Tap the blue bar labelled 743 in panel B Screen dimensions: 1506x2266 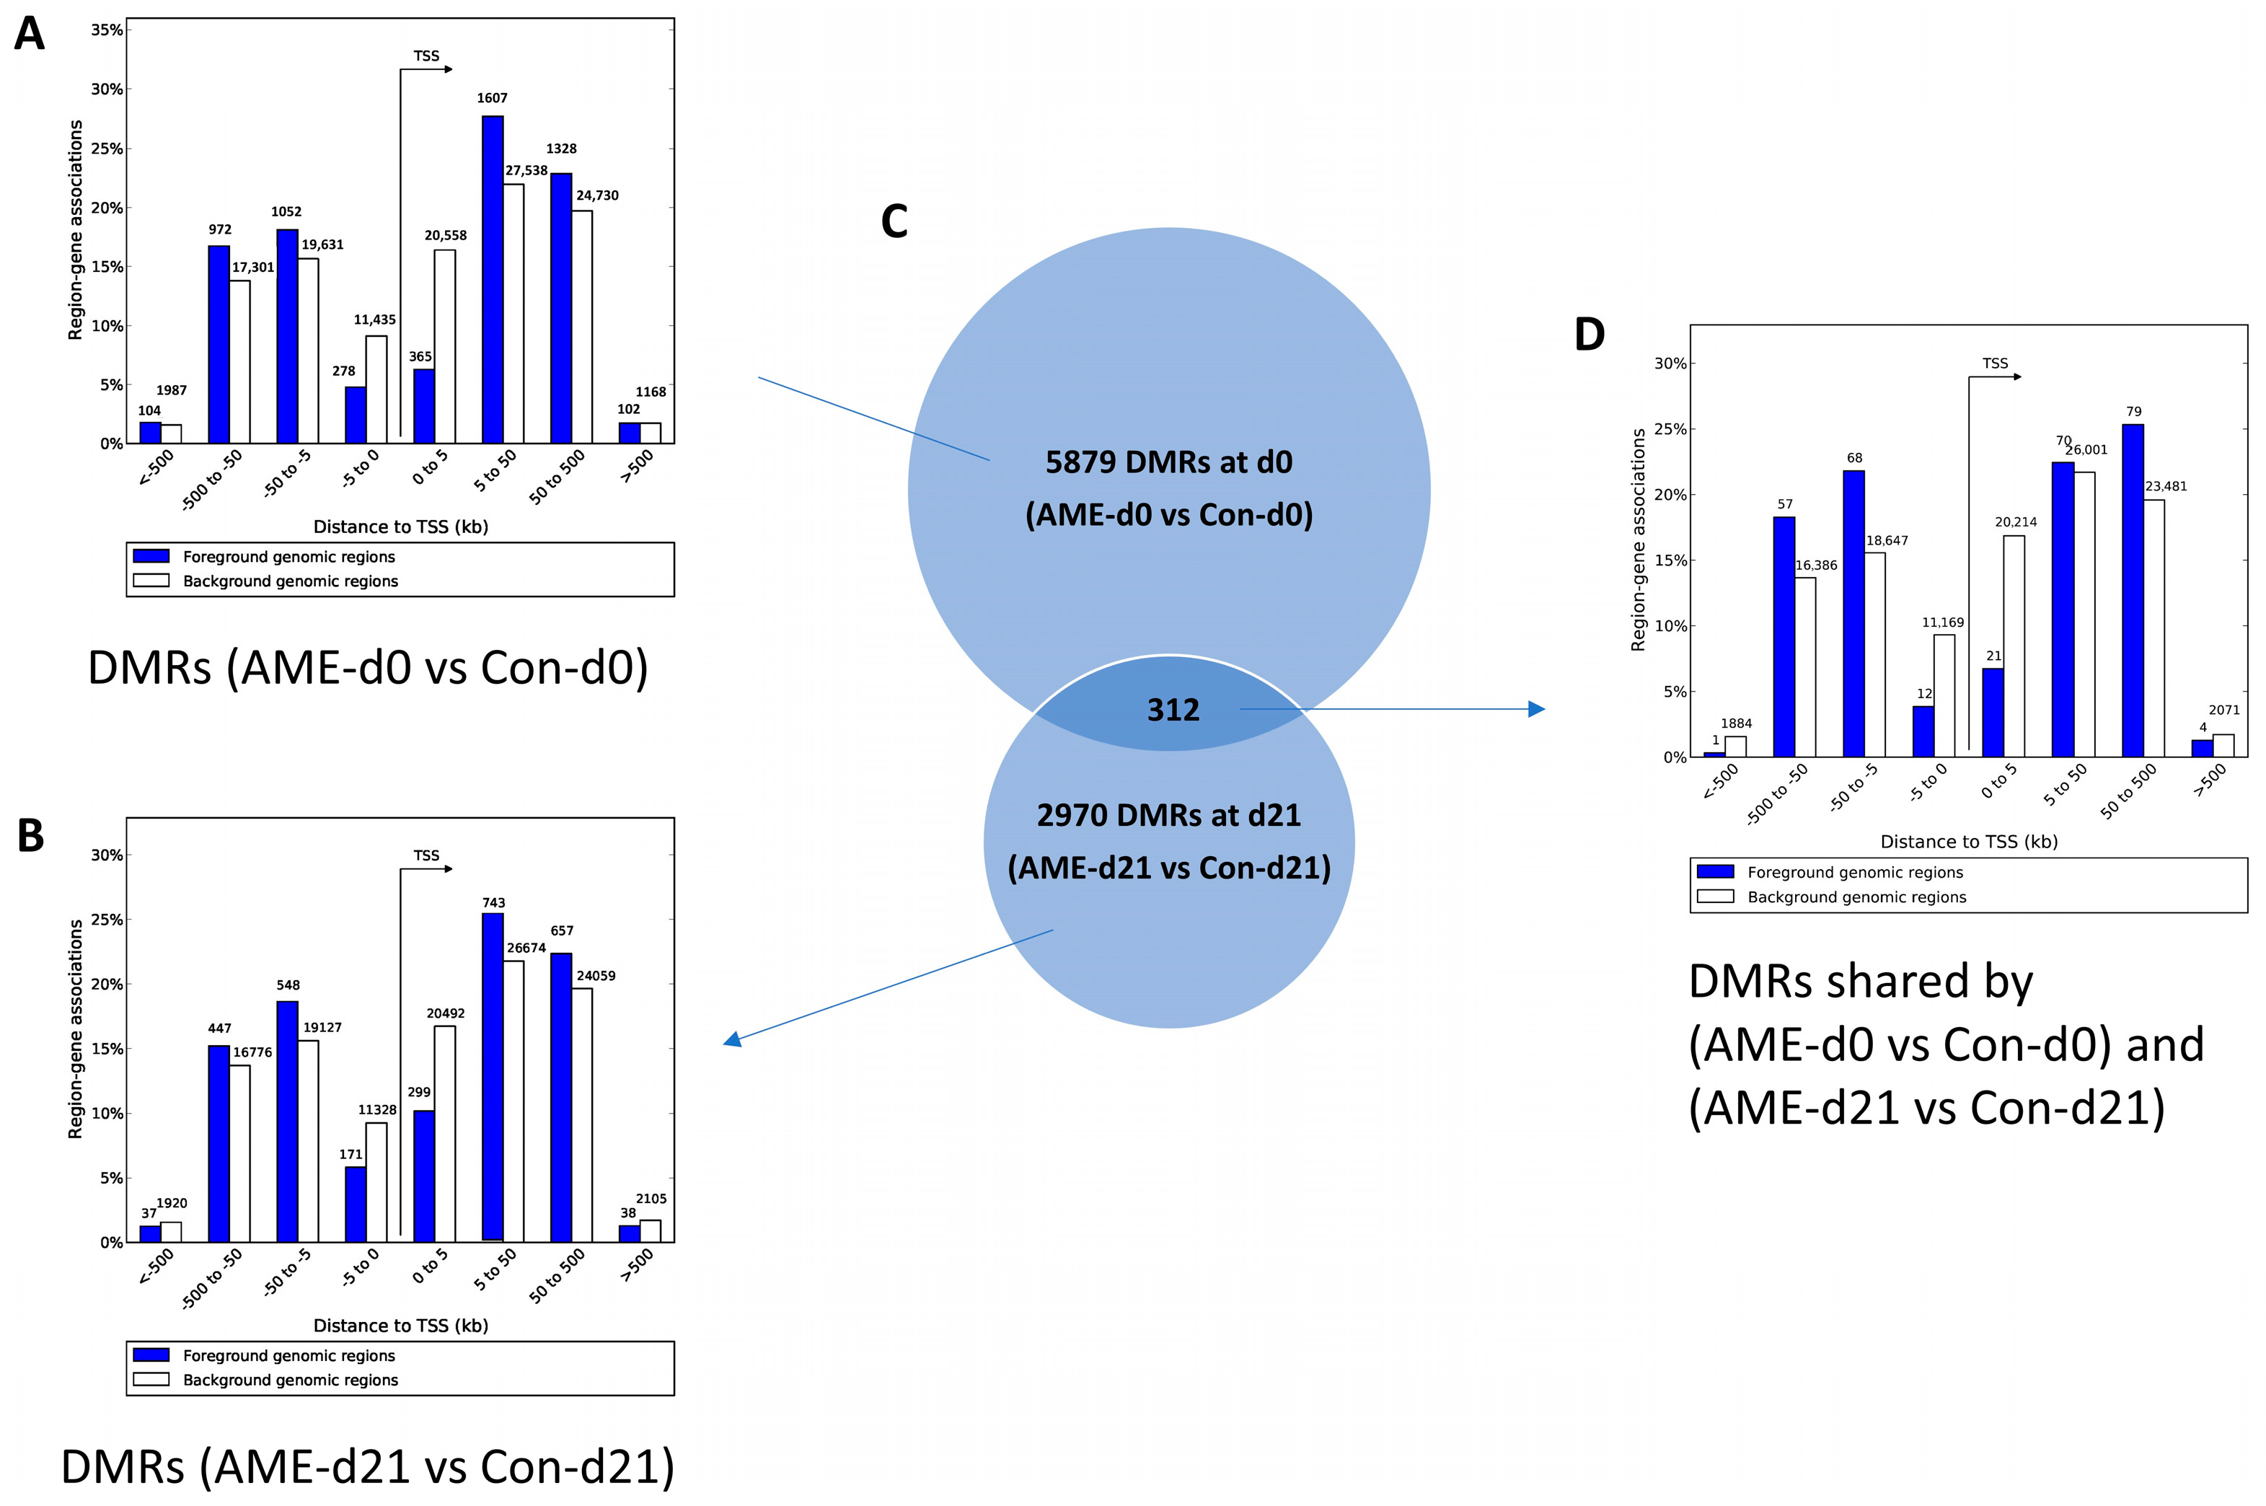493,1077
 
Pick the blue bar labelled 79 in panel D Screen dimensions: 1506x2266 2133,591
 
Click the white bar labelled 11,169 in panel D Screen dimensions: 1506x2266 1944,695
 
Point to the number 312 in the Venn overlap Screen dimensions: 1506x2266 1173,710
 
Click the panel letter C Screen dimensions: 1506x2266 894,222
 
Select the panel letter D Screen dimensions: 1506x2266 1589,334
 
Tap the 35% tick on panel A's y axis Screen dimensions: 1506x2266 107,30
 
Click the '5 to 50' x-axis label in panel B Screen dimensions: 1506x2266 495,1269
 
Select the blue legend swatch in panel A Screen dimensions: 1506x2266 151,556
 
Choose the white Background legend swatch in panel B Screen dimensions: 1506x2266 151,1379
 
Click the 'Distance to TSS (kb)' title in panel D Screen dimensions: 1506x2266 1968,842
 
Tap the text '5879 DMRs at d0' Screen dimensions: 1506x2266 1168,462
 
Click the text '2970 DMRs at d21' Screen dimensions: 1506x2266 1168,816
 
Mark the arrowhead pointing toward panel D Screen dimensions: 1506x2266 1536,709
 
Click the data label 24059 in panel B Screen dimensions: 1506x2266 595,976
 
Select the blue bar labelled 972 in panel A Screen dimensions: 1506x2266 219,345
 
